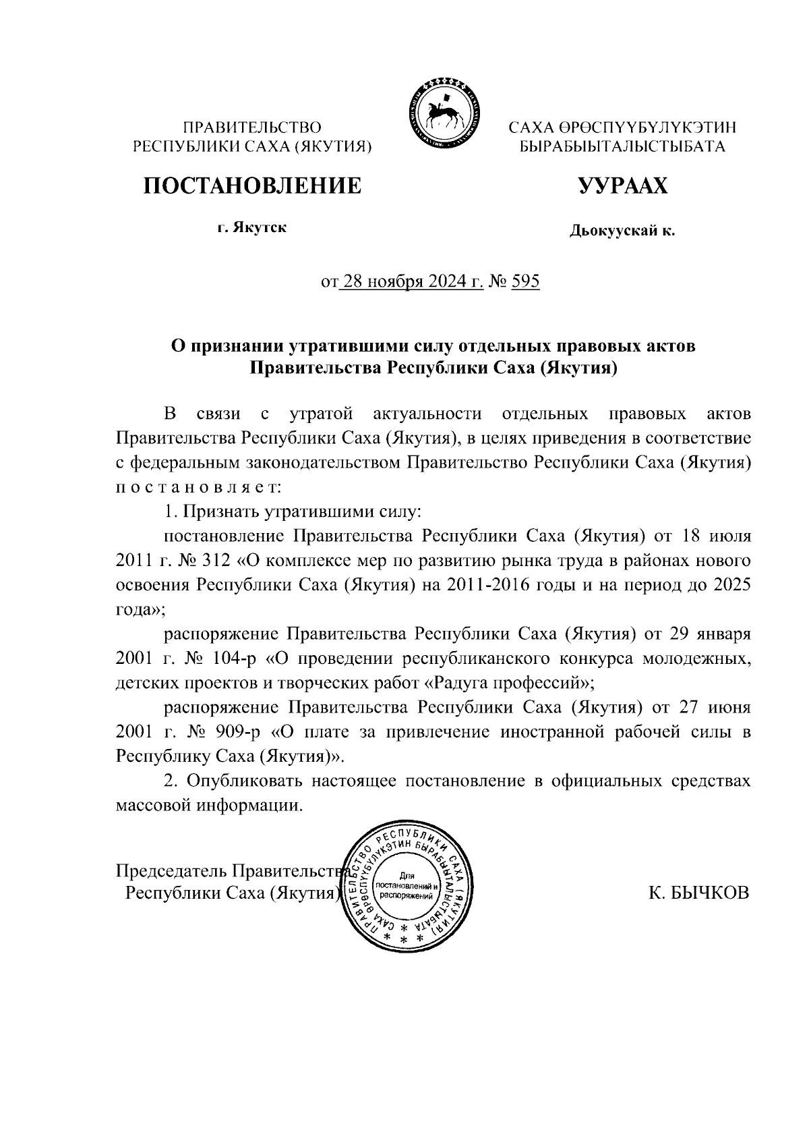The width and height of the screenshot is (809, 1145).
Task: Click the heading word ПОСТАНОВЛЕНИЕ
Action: coord(251,186)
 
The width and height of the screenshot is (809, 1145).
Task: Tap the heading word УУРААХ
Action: coord(622,186)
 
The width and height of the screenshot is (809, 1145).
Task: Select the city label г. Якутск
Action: coord(252,227)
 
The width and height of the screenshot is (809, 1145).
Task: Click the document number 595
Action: coord(526,281)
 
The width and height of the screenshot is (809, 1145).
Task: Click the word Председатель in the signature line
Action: coord(171,869)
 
